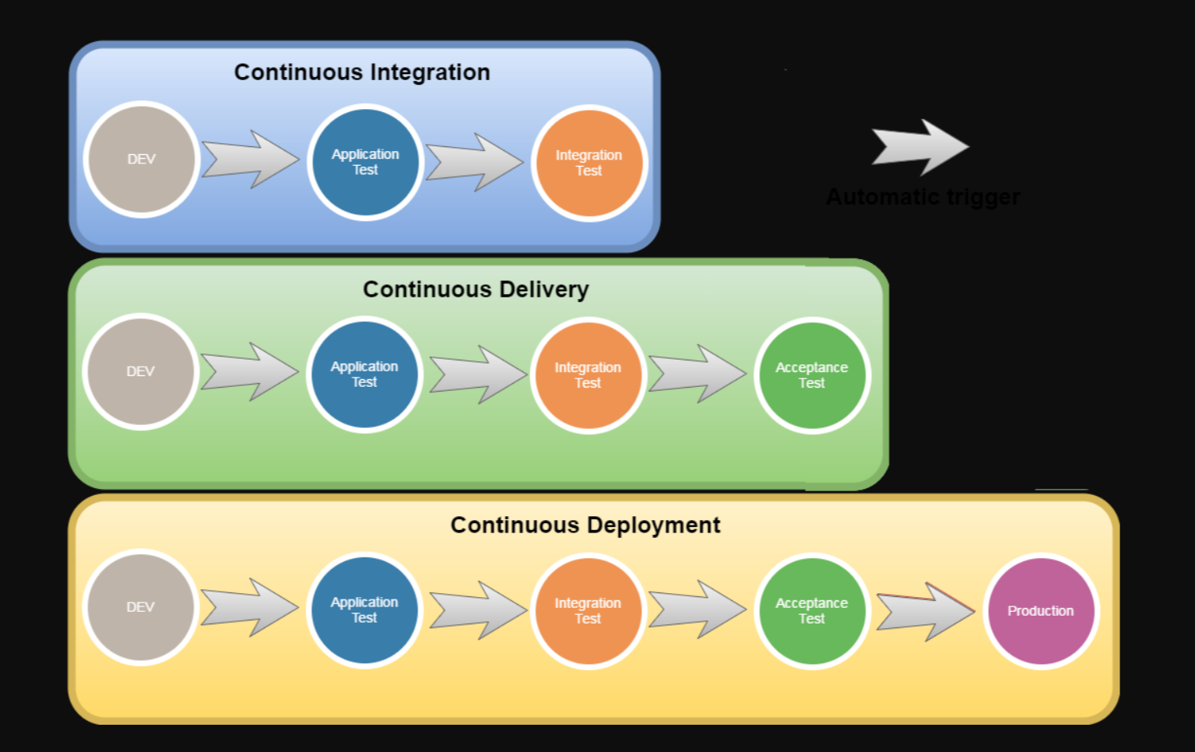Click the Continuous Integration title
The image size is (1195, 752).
click(x=362, y=72)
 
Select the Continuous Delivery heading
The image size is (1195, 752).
click(x=476, y=290)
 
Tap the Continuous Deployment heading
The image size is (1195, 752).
click(x=585, y=525)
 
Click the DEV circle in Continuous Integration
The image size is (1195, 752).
click(x=142, y=160)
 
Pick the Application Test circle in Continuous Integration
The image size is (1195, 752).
click(x=365, y=162)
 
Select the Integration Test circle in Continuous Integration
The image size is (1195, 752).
click(x=589, y=163)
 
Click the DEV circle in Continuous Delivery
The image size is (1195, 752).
click(x=141, y=371)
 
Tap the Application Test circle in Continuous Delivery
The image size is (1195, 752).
click(x=364, y=374)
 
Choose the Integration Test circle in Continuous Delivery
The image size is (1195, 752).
click(x=588, y=375)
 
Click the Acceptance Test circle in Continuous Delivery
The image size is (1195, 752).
click(x=812, y=375)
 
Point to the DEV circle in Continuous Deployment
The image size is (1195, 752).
click(x=141, y=607)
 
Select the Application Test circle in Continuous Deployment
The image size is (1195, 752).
click(x=364, y=610)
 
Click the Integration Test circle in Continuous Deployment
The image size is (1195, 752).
click(x=588, y=611)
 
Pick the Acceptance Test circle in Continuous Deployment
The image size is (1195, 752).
click(x=812, y=611)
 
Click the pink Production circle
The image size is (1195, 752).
click(x=1041, y=611)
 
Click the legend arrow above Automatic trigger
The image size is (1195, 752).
click(x=920, y=146)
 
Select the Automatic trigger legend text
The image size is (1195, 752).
click(x=923, y=197)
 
